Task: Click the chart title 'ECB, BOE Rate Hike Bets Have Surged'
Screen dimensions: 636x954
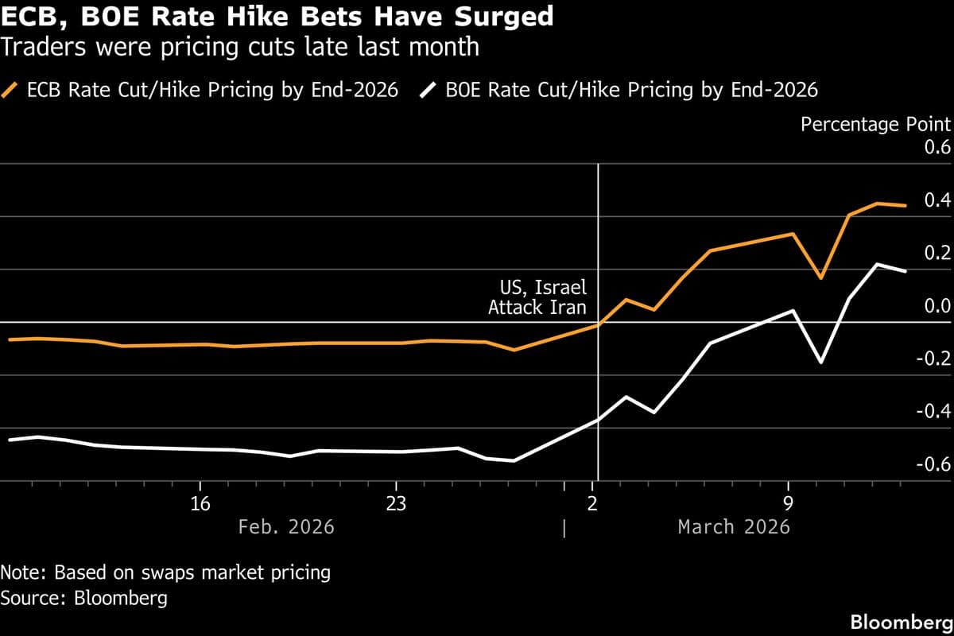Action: point(277,17)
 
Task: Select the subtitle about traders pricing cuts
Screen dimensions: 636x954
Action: point(239,47)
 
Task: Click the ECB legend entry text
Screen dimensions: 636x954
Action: point(212,89)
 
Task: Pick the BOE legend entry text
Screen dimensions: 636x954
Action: point(631,89)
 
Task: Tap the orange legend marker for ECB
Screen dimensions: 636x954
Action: point(12,89)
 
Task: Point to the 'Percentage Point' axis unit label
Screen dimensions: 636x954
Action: point(875,124)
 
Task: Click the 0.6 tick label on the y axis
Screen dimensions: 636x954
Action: point(936,149)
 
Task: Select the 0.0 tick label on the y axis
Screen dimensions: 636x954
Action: point(936,307)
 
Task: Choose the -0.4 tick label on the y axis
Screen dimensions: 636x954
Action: point(933,412)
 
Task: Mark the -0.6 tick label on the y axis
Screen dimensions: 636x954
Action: point(933,464)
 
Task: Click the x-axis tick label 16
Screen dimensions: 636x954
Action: point(200,503)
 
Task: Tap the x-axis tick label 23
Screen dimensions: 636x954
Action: point(396,503)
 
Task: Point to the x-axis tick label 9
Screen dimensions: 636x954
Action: point(788,503)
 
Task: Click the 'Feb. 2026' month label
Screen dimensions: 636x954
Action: point(286,527)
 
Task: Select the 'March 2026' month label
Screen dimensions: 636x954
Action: point(734,527)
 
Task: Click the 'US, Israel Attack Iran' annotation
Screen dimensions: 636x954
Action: point(538,297)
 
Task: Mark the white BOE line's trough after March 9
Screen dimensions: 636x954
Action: point(820,362)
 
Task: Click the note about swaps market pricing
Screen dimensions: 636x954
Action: point(165,572)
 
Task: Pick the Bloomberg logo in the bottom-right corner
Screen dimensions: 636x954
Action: point(901,621)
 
